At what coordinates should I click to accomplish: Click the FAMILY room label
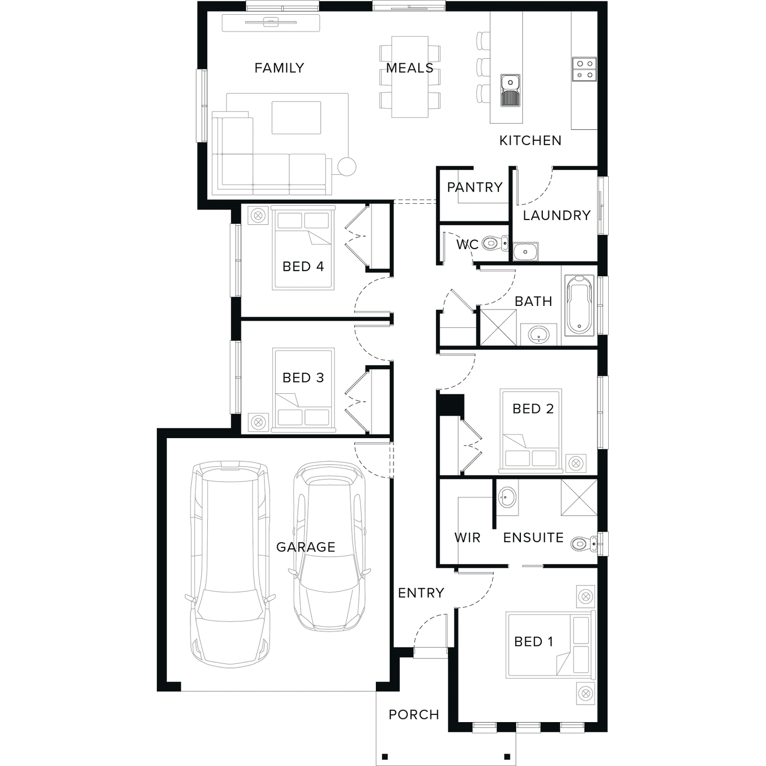click(279, 68)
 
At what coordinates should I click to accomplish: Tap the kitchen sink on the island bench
click(510, 90)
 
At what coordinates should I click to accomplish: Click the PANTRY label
click(474, 187)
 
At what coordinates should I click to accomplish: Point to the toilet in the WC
click(495, 243)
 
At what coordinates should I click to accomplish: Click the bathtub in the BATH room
click(580, 305)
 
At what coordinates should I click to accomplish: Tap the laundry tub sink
click(525, 252)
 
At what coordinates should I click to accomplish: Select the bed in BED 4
click(303, 248)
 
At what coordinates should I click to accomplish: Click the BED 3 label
click(303, 378)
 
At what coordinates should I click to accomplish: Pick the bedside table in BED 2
click(576, 463)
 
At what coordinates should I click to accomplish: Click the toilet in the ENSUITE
click(584, 544)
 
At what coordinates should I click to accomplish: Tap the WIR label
click(467, 538)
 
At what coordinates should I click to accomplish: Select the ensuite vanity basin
click(507, 496)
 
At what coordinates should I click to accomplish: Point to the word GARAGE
click(306, 547)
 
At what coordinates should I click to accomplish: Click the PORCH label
click(414, 715)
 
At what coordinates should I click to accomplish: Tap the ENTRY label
click(421, 593)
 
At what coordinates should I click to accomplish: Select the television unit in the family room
click(271, 23)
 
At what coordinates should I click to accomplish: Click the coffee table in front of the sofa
click(296, 117)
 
